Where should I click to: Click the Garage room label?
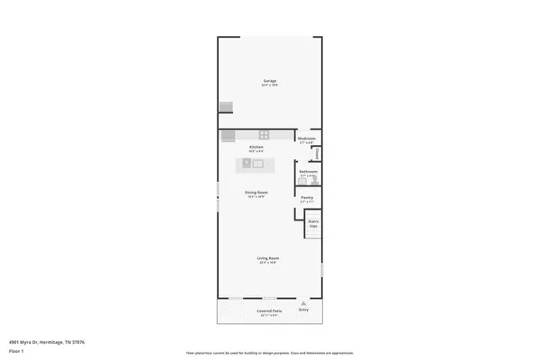point(269,81)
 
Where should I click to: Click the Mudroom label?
point(306,139)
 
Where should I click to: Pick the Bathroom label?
point(307,171)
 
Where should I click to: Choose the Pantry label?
point(307,197)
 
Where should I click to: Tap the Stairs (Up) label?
point(313,222)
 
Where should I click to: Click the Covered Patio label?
point(269,310)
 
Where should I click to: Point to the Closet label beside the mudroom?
point(315,154)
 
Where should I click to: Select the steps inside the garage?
point(225,107)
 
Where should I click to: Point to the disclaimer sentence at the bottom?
point(269,352)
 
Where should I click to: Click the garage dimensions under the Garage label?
point(269,85)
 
